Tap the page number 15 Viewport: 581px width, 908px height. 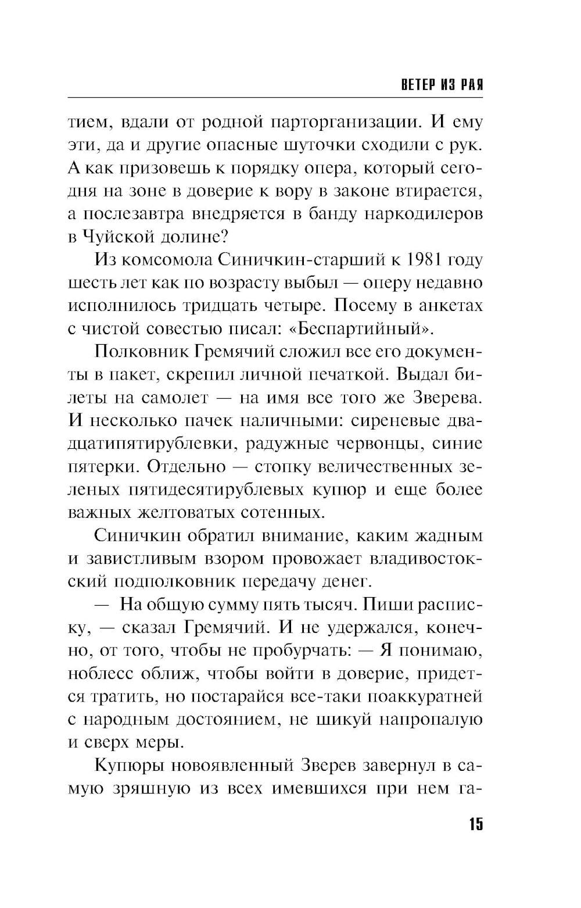coord(475,824)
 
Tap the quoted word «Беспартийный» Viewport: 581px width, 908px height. coord(361,329)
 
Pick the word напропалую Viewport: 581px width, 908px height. coord(431,719)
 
